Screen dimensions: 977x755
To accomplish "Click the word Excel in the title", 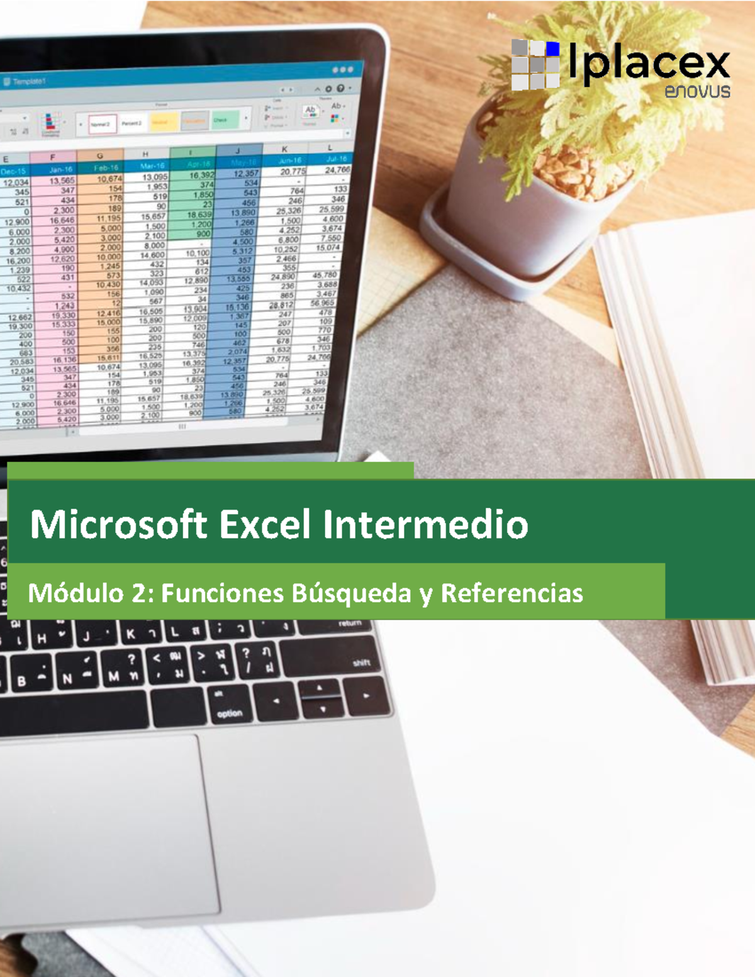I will pos(265,525).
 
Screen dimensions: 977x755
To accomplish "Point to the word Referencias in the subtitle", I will pos(512,593).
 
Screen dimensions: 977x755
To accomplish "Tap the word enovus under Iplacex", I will pos(697,92).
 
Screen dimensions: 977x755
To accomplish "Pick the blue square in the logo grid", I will pos(552,48).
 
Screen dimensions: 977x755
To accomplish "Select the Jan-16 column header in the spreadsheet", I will pos(60,169).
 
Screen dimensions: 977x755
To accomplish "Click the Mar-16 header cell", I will pos(152,166).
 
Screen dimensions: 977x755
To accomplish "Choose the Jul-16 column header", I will pos(337,159).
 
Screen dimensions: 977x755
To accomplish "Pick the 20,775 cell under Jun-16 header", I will pos(292,171).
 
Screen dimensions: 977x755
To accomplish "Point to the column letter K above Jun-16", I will pos(284,150).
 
